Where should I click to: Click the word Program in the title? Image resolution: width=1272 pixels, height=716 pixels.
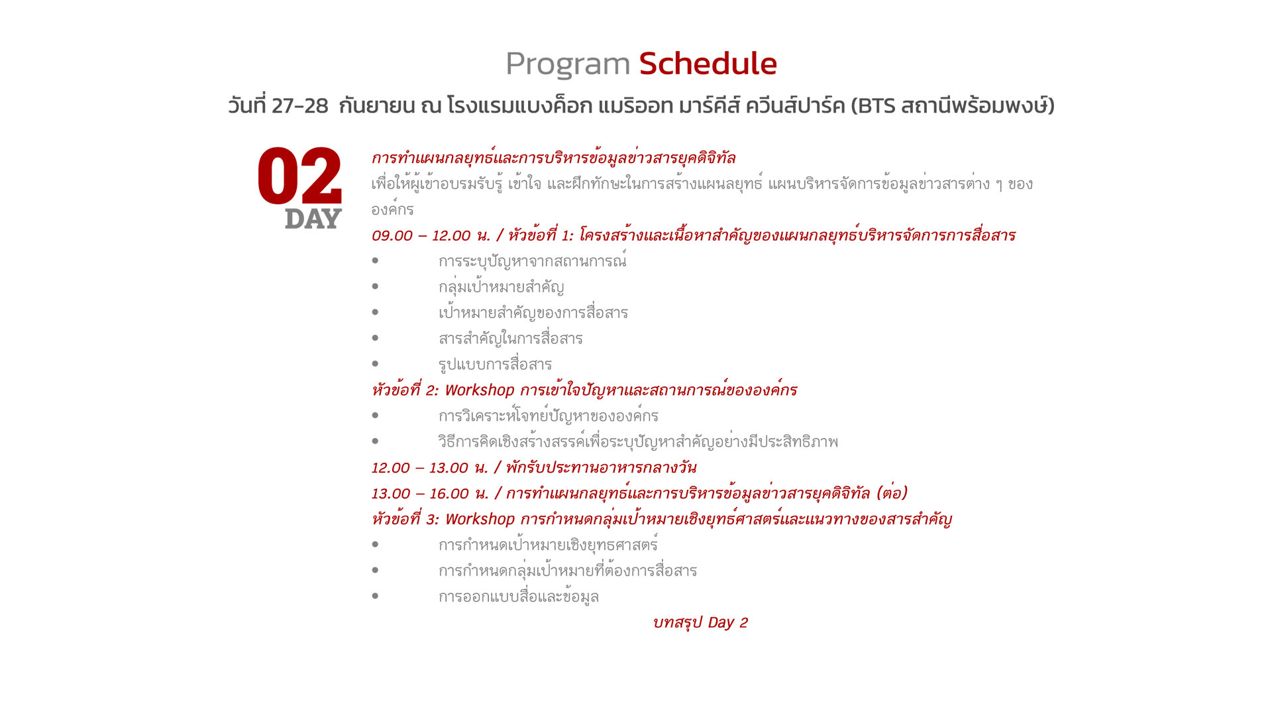click(x=568, y=65)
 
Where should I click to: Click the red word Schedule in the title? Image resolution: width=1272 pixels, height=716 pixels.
click(x=708, y=64)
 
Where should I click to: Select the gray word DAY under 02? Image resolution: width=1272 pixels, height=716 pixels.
click(x=313, y=219)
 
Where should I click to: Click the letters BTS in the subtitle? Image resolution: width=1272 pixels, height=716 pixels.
click(x=876, y=106)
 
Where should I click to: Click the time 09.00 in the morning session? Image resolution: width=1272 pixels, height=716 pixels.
click(x=392, y=235)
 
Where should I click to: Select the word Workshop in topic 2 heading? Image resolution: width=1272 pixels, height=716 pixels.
click(x=480, y=390)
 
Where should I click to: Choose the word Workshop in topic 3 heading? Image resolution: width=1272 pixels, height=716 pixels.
click(x=480, y=520)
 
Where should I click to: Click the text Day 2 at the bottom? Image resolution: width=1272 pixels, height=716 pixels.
click(x=727, y=623)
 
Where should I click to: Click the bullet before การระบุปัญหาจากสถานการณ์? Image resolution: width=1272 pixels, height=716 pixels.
click(x=375, y=261)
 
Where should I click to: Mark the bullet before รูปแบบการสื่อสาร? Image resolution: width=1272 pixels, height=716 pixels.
click(x=375, y=363)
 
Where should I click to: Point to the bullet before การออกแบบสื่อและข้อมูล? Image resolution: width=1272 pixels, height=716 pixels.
click(x=375, y=595)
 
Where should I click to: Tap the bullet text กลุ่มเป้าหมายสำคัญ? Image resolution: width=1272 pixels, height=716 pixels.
click(x=501, y=287)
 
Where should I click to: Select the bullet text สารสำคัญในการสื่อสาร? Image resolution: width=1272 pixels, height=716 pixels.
click(x=510, y=338)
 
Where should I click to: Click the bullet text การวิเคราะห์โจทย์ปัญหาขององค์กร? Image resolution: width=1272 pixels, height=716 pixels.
click(x=548, y=416)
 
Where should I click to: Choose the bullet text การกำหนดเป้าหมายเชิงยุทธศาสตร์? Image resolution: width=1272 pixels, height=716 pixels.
click(x=548, y=544)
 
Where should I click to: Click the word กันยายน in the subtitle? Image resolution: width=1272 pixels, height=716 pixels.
click(x=376, y=106)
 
